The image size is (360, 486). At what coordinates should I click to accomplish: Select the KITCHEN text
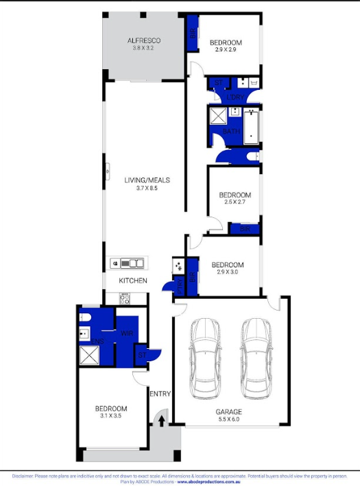coord(133,281)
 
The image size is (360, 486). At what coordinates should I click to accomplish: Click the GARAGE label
coord(230,412)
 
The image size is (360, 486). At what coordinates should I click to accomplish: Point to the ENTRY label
coord(160,393)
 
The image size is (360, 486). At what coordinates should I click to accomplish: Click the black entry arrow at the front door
coord(162,421)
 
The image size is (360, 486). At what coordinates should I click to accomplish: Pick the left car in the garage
coord(206,361)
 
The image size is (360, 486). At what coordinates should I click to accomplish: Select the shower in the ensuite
coord(90,355)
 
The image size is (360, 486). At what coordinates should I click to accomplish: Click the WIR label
coord(126,333)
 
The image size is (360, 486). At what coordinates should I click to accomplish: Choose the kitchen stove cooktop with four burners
coord(125,298)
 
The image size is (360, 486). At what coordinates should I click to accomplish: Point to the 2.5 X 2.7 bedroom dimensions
coord(234,202)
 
